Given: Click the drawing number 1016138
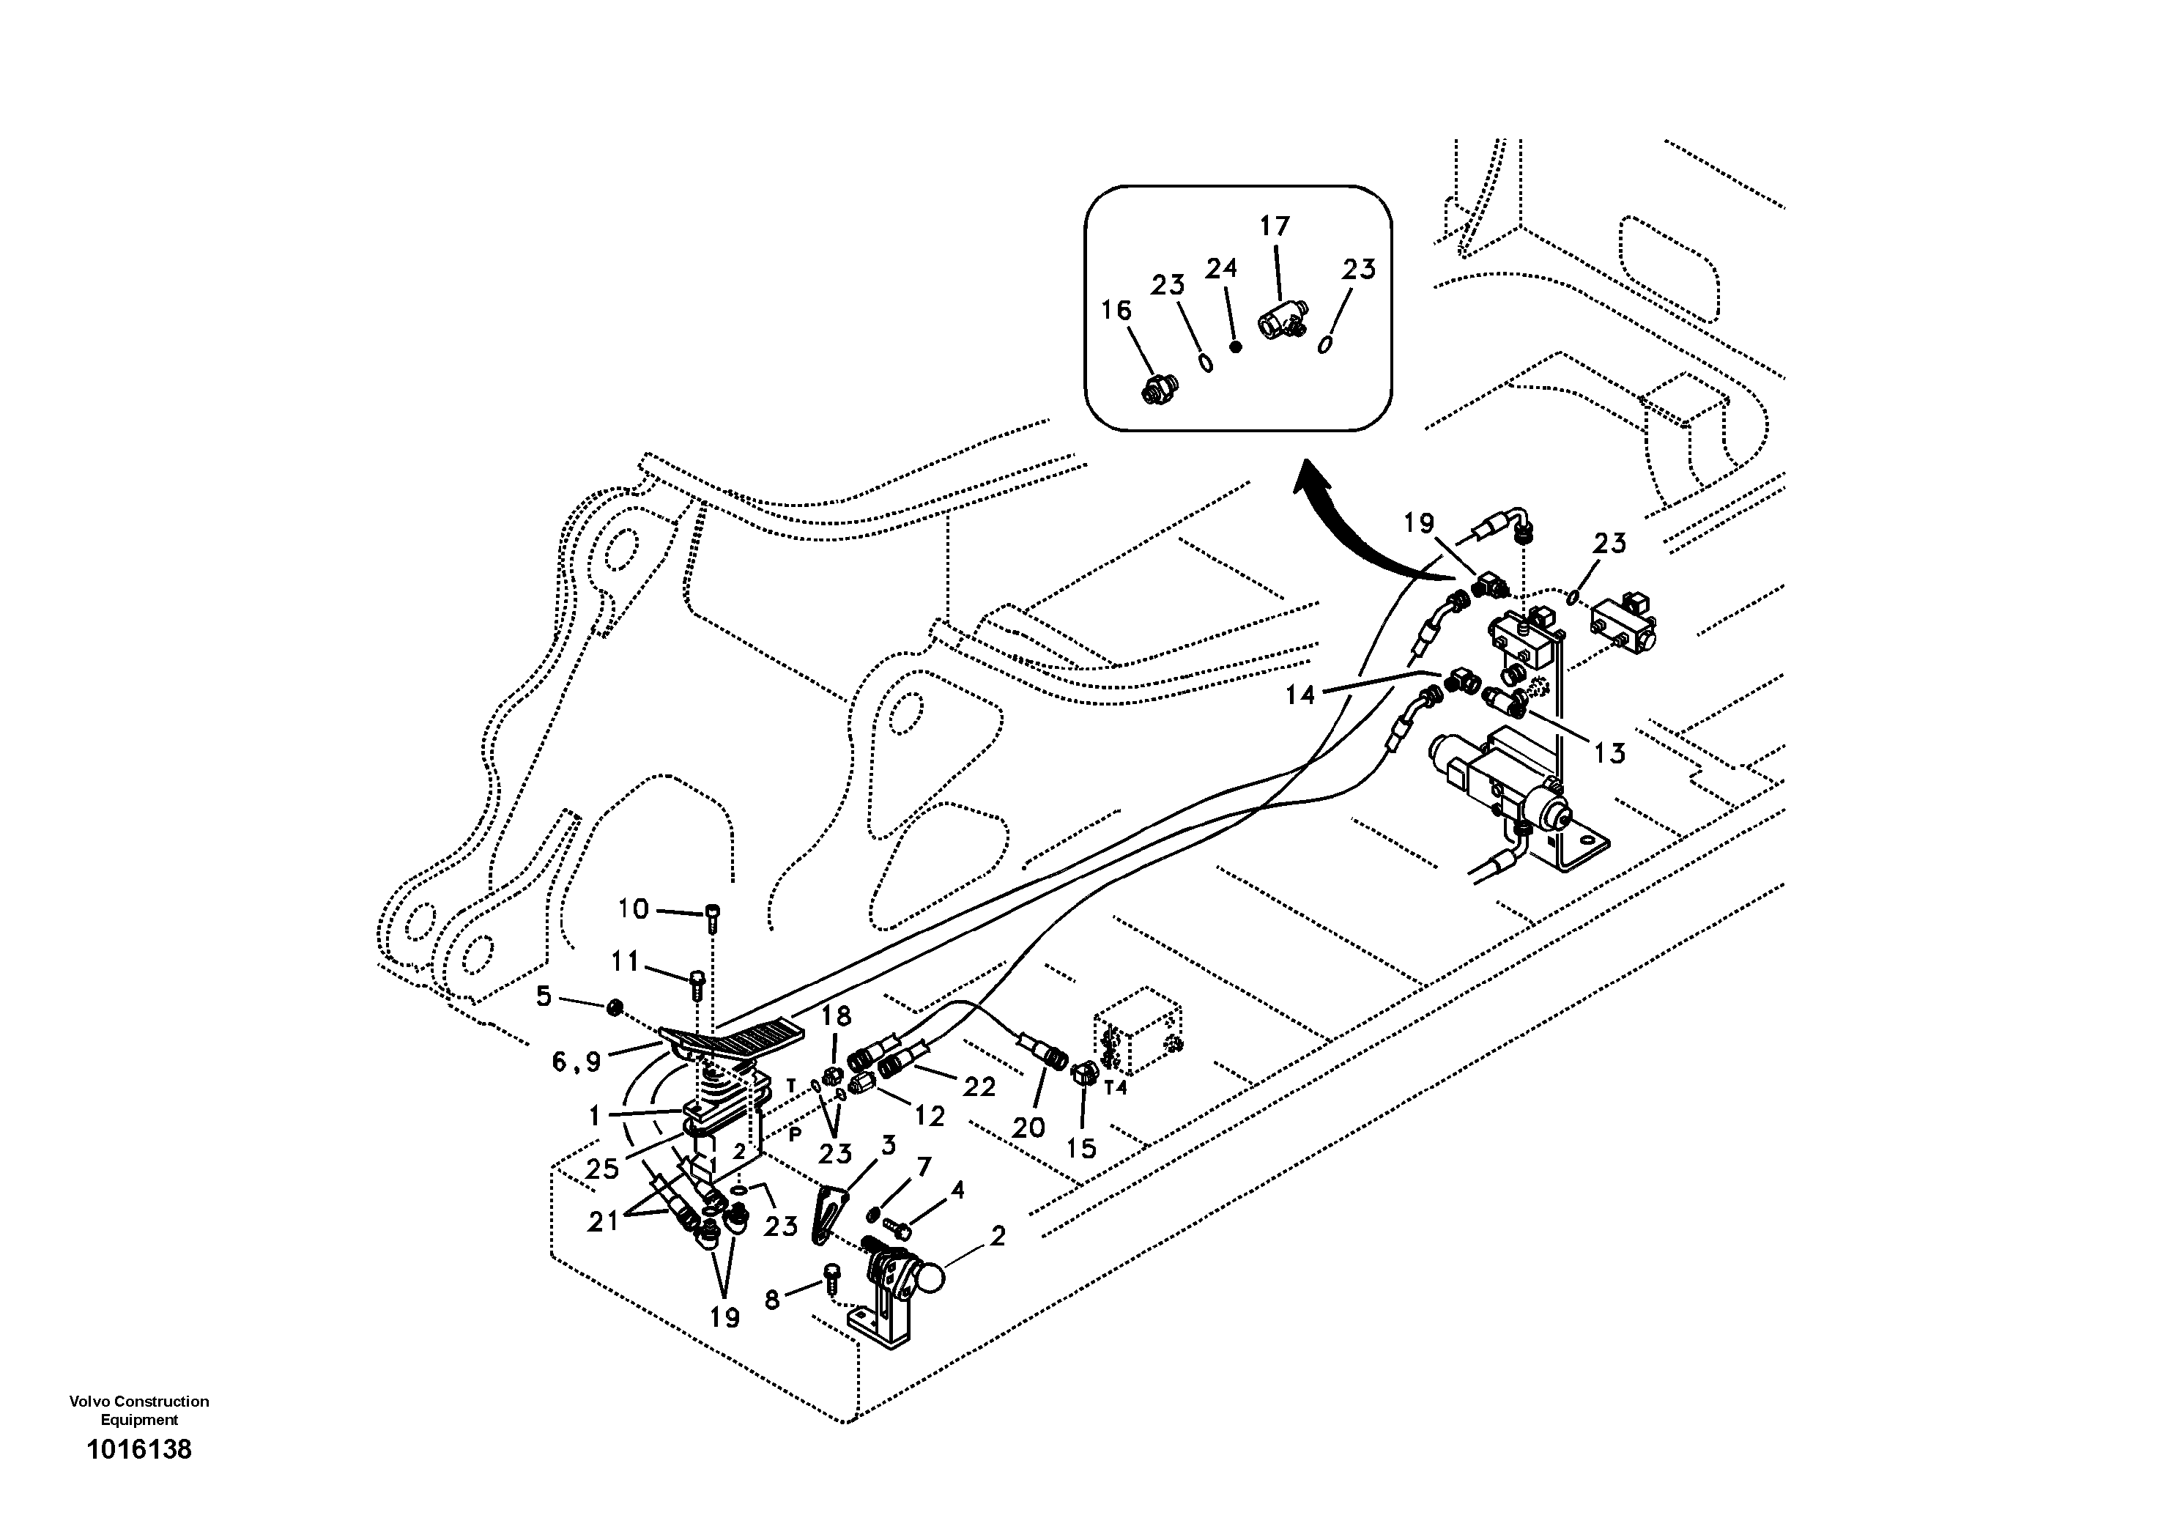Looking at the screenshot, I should (x=138, y=1450).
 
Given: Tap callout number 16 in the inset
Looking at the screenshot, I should (x=1116, y=311).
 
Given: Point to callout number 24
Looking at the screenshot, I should (x=1221, y=269).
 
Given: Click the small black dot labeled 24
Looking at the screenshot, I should (x=1235, y=347).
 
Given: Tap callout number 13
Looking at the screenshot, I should (x=1609, y=753).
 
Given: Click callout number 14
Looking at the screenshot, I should (x=1300, y=695).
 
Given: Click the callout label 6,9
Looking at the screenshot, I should (x=576, y=1062).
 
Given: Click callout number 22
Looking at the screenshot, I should (x=978, y=1087).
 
